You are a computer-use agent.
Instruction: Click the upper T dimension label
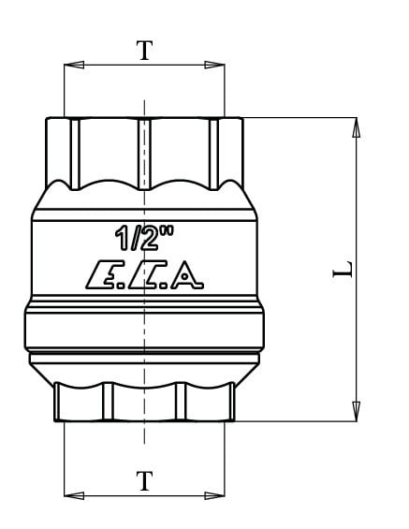tap(145, 51)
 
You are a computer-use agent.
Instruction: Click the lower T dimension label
tap(145, 481)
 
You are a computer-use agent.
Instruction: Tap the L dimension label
tap(343, 270)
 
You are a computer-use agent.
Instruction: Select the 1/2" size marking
tap(144, 239)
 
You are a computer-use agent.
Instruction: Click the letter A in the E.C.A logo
tap(187, 275)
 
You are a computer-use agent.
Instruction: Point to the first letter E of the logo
tap(102, 275)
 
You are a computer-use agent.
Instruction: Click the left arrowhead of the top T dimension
tap(74, 65)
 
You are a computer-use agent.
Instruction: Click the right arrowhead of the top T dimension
tap(214, 65)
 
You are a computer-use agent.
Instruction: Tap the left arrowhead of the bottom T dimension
tap(74, 495)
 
